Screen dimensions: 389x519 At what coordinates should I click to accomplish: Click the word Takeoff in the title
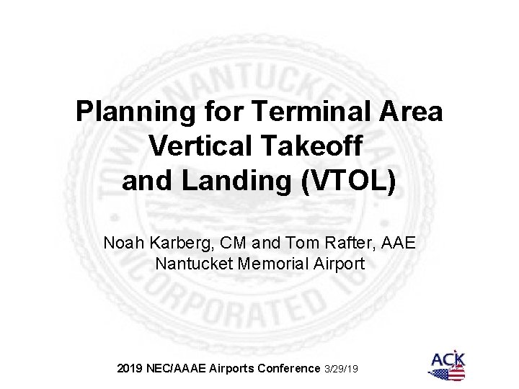coord(320,147)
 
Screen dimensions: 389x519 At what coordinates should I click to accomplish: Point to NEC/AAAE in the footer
coord(177,368)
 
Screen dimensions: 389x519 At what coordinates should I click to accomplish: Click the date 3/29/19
coord(341,369)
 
